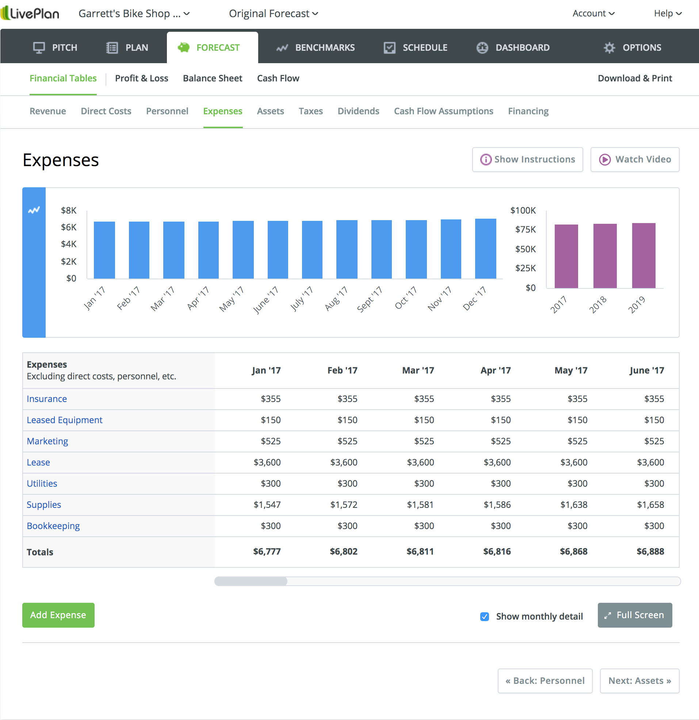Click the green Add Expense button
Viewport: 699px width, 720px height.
click(58, 615)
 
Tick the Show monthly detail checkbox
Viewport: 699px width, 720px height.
click(484, 616)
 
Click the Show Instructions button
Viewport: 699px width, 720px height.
click(527, 160)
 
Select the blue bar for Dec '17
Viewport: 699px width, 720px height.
click(485, 249)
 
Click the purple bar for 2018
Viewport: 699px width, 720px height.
click(604, 256)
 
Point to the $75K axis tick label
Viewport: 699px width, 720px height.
click(525, 230)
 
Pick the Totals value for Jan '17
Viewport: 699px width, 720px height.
click(267, 551)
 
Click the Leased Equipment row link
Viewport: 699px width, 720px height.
click(64, 420)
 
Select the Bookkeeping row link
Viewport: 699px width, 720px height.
click(53, 526)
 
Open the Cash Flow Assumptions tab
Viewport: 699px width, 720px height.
click(443, 111)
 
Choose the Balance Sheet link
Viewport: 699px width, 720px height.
click(213, 78)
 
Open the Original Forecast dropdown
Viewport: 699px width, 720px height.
click(273, 14)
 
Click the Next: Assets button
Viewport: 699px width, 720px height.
click(639, 681)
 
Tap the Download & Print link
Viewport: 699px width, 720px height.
click(634, 78)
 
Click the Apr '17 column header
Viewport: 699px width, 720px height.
click(496, 370)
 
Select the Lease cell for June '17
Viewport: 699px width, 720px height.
click(650, 462)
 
